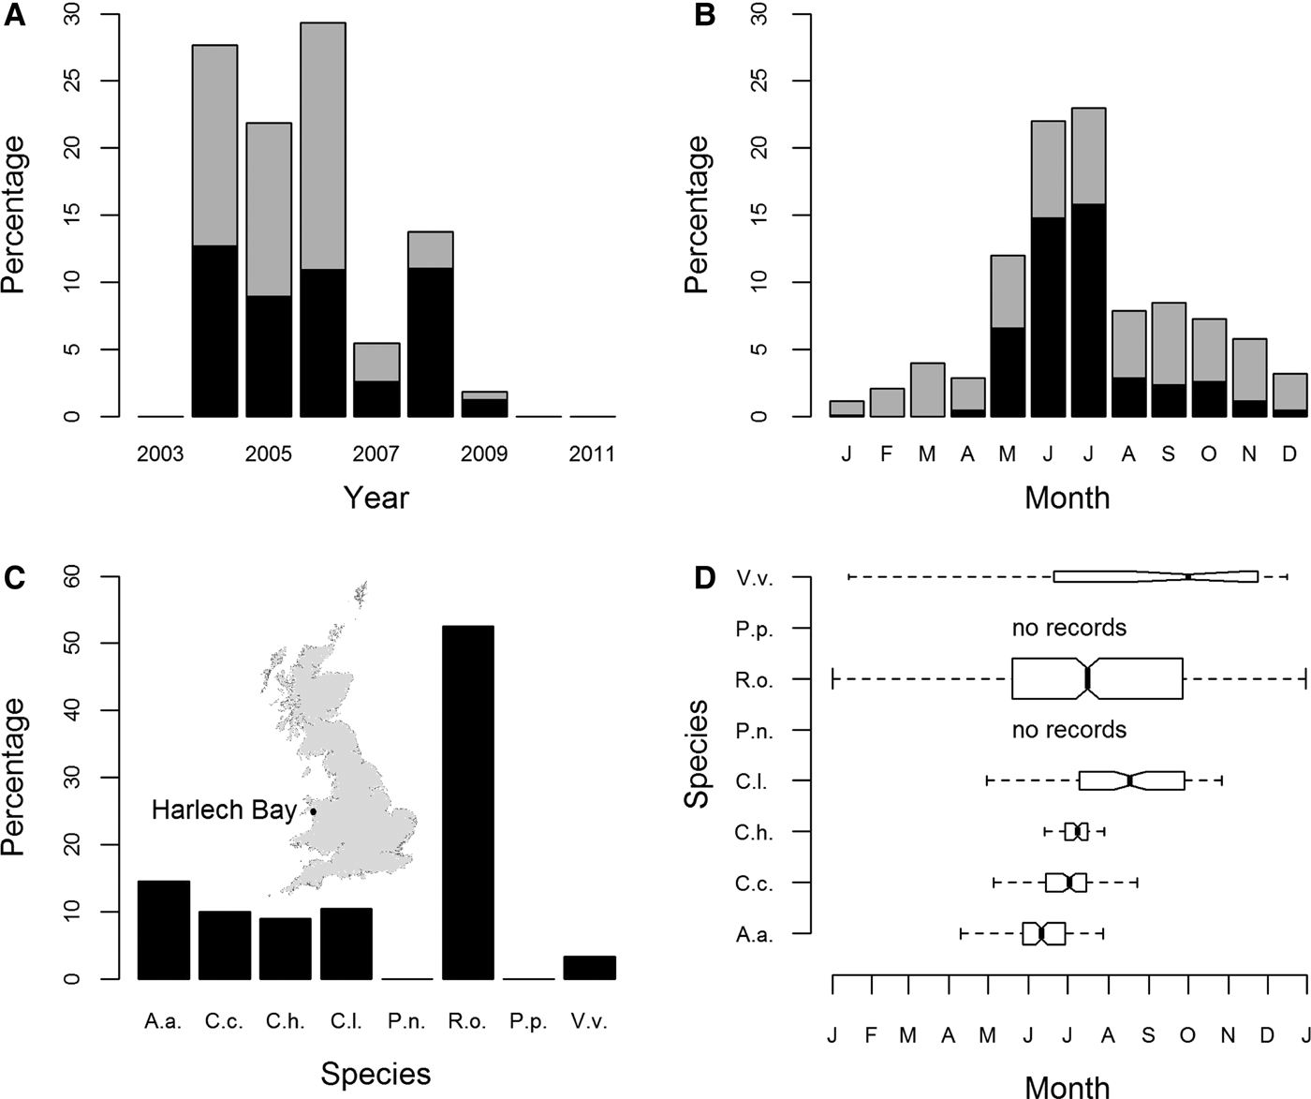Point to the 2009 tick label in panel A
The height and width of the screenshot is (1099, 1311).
[484, 454]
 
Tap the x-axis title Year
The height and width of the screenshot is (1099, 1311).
[376, 497]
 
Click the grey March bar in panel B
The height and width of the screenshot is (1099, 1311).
[927, 390]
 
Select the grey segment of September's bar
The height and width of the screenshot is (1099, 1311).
[1170, 344]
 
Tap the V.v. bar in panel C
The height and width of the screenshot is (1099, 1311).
[589, 968]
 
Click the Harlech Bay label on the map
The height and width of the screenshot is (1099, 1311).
[224, 810]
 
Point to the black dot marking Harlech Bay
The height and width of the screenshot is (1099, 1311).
[313, 811]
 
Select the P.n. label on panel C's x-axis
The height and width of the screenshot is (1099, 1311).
[406, 1022]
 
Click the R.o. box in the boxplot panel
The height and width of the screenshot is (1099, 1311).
[1097, 678]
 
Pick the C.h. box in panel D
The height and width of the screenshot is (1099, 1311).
[1076, 831]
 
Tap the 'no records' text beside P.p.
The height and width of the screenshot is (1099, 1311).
[1068, 628]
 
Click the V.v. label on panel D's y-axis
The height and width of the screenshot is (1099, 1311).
[754, 577]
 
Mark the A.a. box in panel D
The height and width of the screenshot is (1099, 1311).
[1043, 933]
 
